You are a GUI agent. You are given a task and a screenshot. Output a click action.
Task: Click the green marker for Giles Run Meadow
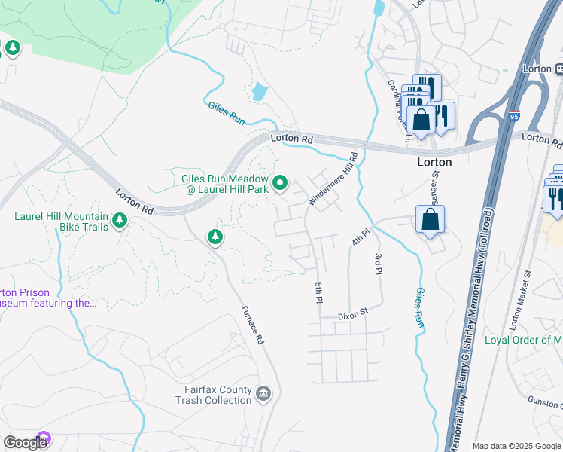(280, 183)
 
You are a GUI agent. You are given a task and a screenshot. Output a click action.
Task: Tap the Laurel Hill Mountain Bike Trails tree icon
(119, 220)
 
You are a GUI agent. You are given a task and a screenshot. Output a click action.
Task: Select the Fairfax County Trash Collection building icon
(263, 393)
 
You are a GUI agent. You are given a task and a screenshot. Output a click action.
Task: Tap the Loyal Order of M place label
(522, 341)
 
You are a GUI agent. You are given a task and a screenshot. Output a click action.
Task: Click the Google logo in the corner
(25, 443)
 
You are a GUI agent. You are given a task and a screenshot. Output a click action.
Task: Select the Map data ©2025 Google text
(516, 446)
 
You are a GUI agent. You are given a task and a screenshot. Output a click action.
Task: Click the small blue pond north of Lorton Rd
(260, 92)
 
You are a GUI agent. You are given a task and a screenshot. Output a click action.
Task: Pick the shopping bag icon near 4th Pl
(430, 219)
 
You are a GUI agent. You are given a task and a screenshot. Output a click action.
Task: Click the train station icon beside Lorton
(558, 69)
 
